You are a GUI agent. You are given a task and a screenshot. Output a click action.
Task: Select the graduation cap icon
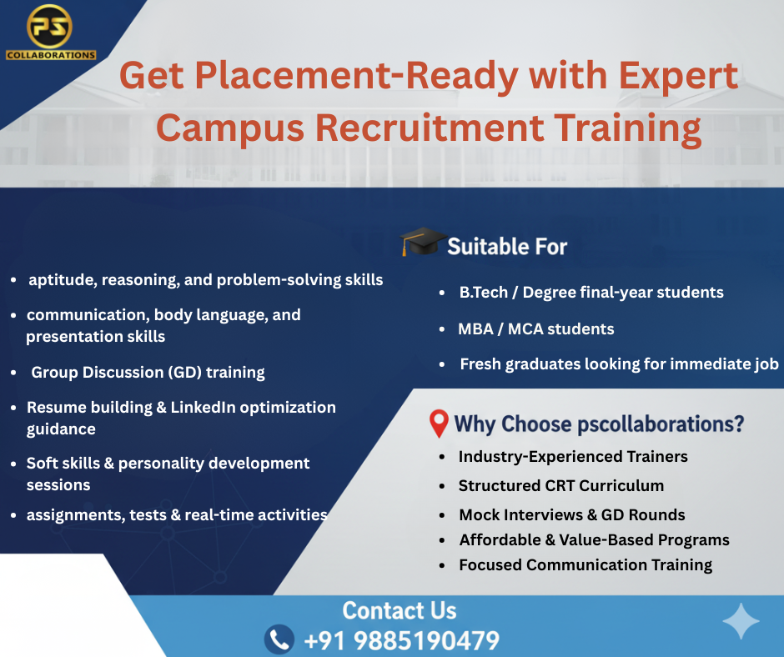tap(420, 243)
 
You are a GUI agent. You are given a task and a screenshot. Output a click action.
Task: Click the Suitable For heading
tap(507, 246)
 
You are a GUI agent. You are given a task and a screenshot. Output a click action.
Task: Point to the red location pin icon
tap(439, 424)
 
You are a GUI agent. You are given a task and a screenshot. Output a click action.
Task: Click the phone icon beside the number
tap(279, 639)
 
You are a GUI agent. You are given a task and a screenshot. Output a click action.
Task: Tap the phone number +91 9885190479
tap(401, 640)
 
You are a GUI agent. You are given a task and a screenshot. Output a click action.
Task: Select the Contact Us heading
tap(400, 610)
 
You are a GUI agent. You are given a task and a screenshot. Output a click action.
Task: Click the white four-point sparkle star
tap(741, 622)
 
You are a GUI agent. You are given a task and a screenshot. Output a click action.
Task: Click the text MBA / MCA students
tap(535, 328)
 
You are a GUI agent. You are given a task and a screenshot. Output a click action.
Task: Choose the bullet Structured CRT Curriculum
tap(560, 485)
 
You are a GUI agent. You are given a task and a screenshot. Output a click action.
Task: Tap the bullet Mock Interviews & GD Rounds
tap(571, 514)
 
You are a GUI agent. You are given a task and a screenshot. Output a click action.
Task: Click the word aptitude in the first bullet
tap(61, 280)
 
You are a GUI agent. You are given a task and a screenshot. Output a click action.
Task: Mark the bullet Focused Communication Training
tap(585, 564)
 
